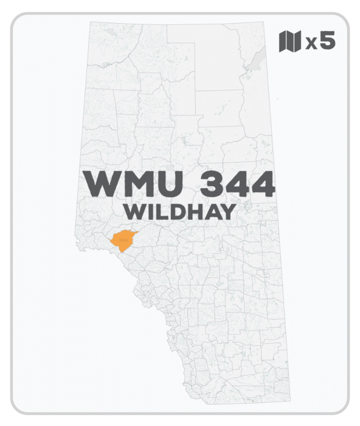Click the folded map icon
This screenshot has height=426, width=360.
(x=289, y=42)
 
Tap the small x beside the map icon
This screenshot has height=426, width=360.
(x=311, y=44)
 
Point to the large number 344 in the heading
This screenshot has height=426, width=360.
(x=229, y=183)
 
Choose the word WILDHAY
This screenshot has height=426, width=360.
(x=179, y=212)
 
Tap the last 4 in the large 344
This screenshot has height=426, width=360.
(x=260, y=183)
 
